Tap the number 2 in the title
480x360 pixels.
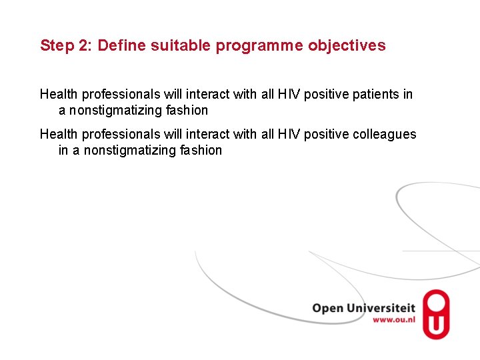coord(83,45)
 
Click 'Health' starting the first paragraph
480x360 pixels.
coord(59,94)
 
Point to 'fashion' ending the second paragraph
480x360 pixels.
coord(201,150)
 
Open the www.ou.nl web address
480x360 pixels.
coord(393,320)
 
